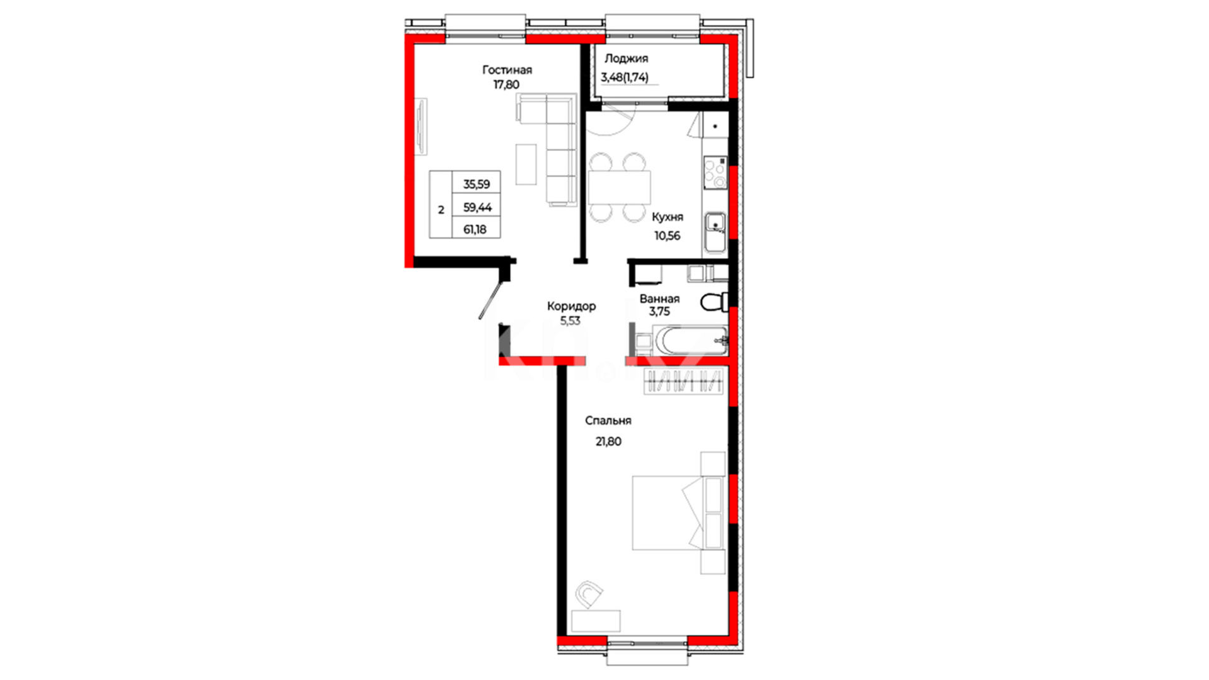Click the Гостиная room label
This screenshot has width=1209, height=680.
coord(507,70)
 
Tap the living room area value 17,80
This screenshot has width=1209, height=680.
coord(506,84)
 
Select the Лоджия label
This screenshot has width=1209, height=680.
coord(626,59)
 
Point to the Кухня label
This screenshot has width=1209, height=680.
coord(667,217)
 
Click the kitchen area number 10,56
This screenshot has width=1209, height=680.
coord(667,235)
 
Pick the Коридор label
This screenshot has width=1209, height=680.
coord(571,306)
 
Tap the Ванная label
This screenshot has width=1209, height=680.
coord(659,298)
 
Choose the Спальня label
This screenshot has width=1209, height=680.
coord(608,421)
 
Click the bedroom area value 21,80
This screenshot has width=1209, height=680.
coord(608,441)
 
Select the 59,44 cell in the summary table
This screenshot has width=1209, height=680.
coord(477,207)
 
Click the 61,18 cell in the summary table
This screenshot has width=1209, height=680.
coord(475,229)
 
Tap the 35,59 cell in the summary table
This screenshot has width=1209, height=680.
coord(477,184)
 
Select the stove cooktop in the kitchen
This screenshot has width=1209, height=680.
coord(715,173)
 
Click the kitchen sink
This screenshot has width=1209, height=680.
coord(715,232)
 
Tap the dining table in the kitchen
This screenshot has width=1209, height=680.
coord(619,187)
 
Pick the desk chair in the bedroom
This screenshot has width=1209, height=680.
coord(589,594)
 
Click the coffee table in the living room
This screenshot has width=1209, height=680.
coord(526,164)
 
